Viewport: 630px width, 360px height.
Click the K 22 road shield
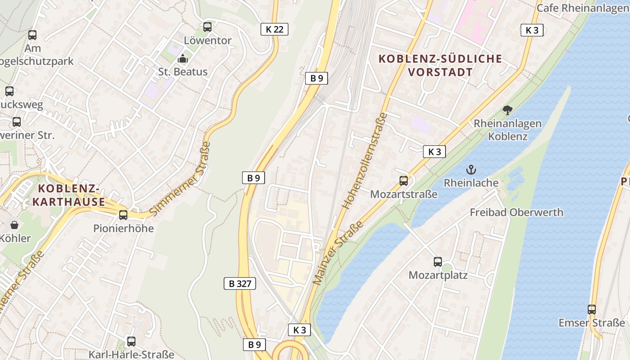(274, 29)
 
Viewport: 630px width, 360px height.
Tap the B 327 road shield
(239, 283)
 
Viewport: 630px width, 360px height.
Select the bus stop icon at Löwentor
(207, 27)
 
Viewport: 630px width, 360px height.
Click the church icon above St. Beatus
(183, 58)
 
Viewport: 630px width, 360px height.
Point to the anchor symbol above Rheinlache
(471, 170)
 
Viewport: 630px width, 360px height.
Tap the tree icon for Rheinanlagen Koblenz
(507, 110)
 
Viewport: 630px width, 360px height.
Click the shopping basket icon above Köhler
(14, 225)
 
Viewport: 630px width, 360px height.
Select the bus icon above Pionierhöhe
(123, 215)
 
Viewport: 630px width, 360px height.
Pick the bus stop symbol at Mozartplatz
(437, 262)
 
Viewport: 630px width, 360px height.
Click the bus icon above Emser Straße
(591, 310)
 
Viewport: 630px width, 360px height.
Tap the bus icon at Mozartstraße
(404, 181)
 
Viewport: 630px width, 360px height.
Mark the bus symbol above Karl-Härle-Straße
(131, 342)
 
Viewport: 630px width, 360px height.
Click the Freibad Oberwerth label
(516, 212)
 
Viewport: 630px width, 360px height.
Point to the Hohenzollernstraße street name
(364, 161)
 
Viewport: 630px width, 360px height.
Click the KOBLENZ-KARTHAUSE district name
(68, 195)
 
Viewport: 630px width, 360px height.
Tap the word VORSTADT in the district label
(441, 72)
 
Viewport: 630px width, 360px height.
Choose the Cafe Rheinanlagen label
(583, 8)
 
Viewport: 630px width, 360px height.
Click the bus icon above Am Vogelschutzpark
(32, 35)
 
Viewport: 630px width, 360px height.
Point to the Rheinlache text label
(471, 183)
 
